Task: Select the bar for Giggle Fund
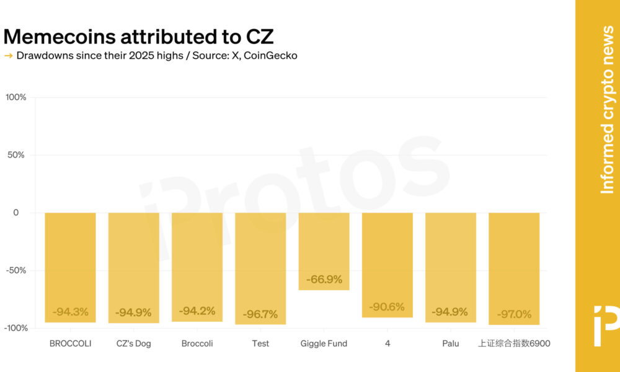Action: click(x=324, y=251)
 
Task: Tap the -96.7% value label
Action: click(x=260, y=314)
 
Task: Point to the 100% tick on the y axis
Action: click(x=16, y=97)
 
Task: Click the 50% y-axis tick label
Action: click(x=17, y=155)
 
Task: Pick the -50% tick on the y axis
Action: click(x=16, y=270)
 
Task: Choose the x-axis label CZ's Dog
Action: click(x=134, y=343)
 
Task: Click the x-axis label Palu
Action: click(x=451, y=343)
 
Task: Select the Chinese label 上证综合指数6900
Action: click(x=514, y=343)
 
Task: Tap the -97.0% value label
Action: click(x=514, y=315)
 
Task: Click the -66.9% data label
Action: click(x=324, y=280)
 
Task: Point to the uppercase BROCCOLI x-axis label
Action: click(x=71, y=343)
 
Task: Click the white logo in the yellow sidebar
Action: click(x=606, y=325)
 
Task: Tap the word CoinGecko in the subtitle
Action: click(x=270, y=56)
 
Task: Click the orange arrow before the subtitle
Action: click(x=9, y=56)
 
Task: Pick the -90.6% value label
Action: click(x=387, y=307)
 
